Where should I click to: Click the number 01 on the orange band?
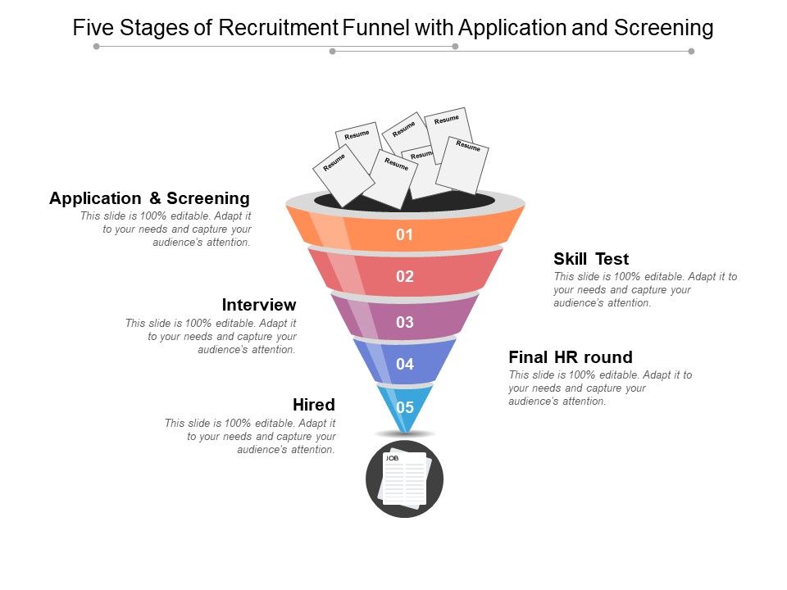tap(404, 235)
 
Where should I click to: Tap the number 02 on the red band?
tap(404, 277)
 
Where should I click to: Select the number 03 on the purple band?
tap(404, 323)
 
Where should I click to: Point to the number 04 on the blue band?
tap(404, 365)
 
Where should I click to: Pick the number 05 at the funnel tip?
tap(405, 407)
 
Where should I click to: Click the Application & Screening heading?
tap(149, 198)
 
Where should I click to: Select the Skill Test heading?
tap(591, 259)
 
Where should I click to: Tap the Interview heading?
tap(259, 305)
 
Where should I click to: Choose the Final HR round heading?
tap(571, 357)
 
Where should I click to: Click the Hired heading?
tap(314, 405)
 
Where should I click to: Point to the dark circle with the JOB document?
tap(404, 479)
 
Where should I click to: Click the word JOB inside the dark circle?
tap(392, 458)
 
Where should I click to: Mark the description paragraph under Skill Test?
tap(645, 290)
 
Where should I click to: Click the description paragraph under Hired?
tap(250, 437)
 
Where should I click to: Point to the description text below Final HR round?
tap(600, 388)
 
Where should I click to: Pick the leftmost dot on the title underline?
tap(97, 47)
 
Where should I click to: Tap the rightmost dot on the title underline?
tap(691, 51)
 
